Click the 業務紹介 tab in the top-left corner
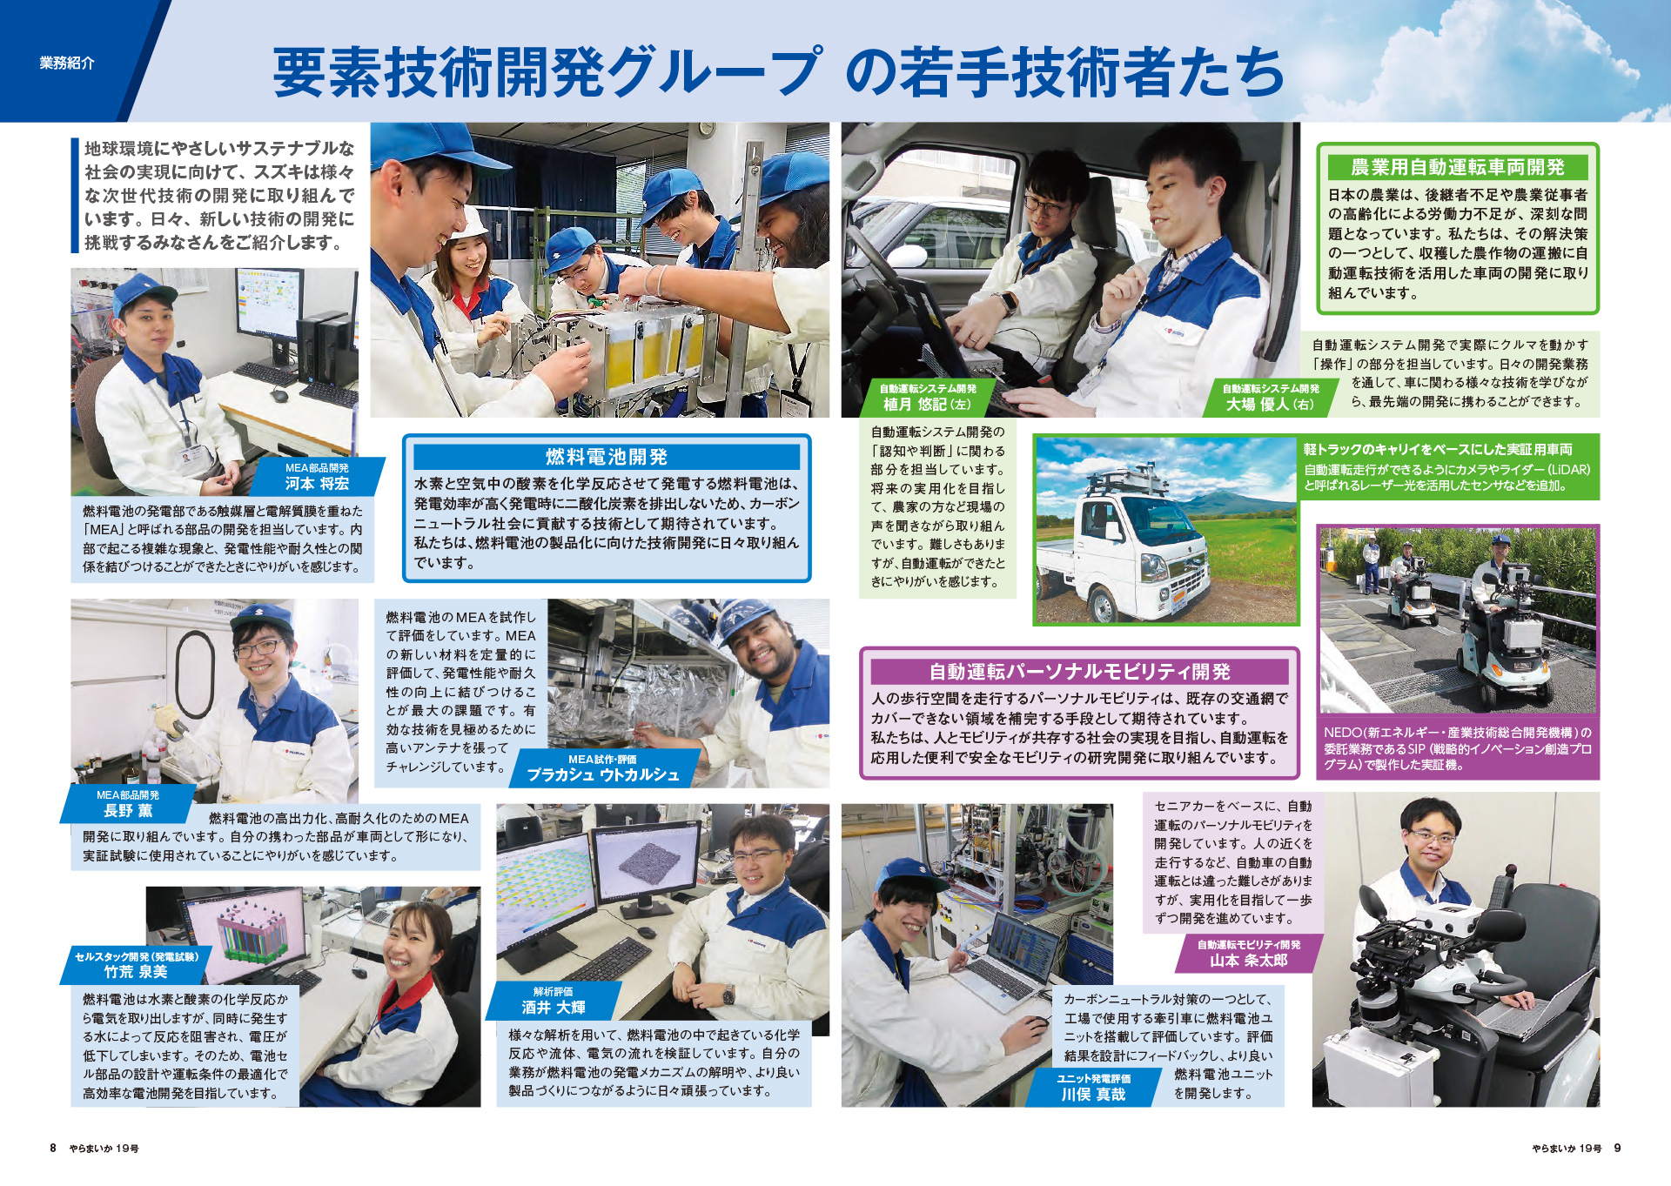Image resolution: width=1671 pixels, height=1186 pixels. tap(67, 63)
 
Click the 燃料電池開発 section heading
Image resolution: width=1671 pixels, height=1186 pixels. tap(607, 457)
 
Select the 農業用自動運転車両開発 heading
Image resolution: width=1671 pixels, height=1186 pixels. tap(1457, 167)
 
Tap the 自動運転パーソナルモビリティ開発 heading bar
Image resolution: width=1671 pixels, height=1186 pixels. tap(1079, 672)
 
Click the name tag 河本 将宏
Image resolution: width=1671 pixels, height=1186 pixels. tap(317, 477)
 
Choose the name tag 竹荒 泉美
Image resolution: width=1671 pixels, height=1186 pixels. tap(136, 965)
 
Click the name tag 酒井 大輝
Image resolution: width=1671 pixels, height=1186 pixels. tap(554, 1001)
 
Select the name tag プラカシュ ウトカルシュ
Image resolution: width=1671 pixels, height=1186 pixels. tap(603, 768)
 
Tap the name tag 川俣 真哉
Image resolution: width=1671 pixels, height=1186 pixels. tap(1093, 1088)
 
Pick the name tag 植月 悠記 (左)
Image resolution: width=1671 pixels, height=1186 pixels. tap(927, 398)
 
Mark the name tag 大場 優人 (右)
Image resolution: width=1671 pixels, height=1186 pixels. tap(1270, 398)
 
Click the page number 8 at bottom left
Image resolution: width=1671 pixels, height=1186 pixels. tap(53, 1149)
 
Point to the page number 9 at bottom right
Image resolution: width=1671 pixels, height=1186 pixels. tap(1617, 1149)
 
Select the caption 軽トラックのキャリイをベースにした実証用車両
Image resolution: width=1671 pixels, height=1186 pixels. tap(1438, 450)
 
